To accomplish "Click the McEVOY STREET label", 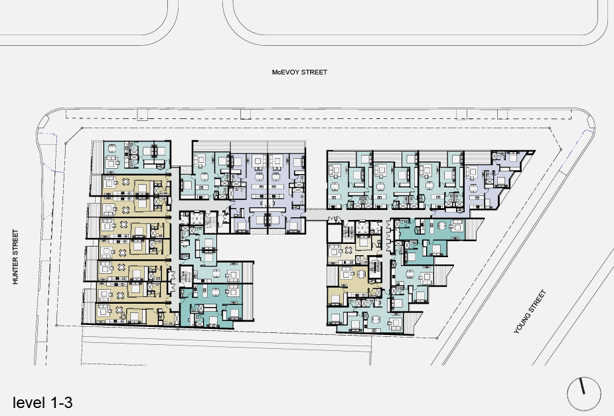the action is [299, 72].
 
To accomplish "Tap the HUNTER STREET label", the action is [16, 257].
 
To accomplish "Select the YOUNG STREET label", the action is [530, 312].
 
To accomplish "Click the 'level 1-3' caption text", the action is [42, 403].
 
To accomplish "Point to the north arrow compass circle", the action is [584, 393].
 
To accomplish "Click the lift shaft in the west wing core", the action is [196, 218].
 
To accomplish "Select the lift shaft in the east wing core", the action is [362, 228].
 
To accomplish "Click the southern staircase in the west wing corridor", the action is [187, 274].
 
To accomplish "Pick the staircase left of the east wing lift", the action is [348, 231].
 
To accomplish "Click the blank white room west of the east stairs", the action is [335, 234].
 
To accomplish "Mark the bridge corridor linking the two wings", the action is [317, 215].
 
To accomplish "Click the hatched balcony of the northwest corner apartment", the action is [98, 157].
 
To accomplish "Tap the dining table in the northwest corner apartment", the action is [112, 149].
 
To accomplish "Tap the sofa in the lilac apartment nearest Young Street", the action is [472, 171].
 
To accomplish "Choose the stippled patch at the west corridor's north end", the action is [187, 169].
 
